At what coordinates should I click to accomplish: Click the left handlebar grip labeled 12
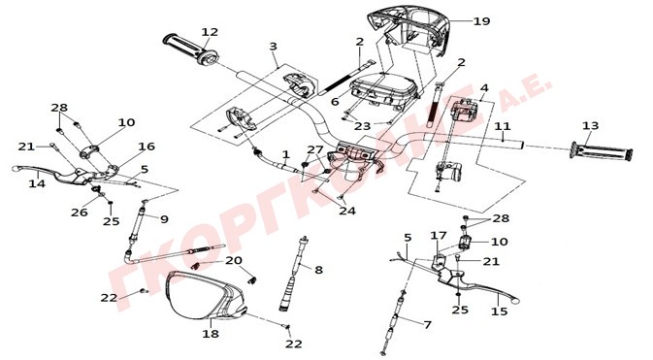click(x=190, y=49)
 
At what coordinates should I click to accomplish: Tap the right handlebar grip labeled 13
click(x=601, y=151)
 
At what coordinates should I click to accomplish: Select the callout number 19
click(x=482, y=20)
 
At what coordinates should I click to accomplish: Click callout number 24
click(x=347, y=211)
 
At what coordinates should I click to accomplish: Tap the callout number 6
click(x=336, y=101)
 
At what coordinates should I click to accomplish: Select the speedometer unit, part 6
click(x=384, y=92)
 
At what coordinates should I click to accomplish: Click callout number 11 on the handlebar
click(x=503, y=126)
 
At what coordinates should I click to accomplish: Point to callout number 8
click(x=318, y=270)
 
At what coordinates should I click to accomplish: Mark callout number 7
click(x=427, y=324)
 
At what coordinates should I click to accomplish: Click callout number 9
click(x=164, y=218)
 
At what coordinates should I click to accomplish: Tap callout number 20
click(x=234, y=260)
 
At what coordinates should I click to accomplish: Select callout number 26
click(x=80, y=213)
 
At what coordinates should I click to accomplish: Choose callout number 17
click(x=439, y=236)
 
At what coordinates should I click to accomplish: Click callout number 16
click(x=147, y=147)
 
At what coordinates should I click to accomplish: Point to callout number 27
click(x=315, y=149)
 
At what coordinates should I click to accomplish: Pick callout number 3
click(x=273, y=46)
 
